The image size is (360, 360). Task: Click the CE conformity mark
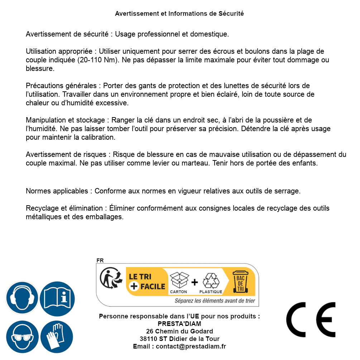click(311, 317)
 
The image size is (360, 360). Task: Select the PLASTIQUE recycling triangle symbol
click(211, 281)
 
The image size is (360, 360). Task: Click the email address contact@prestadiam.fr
click(191, 346)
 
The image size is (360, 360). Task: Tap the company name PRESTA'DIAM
click(179, 324)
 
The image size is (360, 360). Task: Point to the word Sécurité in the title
click(231, 14)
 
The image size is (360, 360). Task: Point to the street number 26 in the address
click(150, 331)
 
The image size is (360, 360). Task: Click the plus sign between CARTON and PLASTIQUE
click(195, 282)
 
